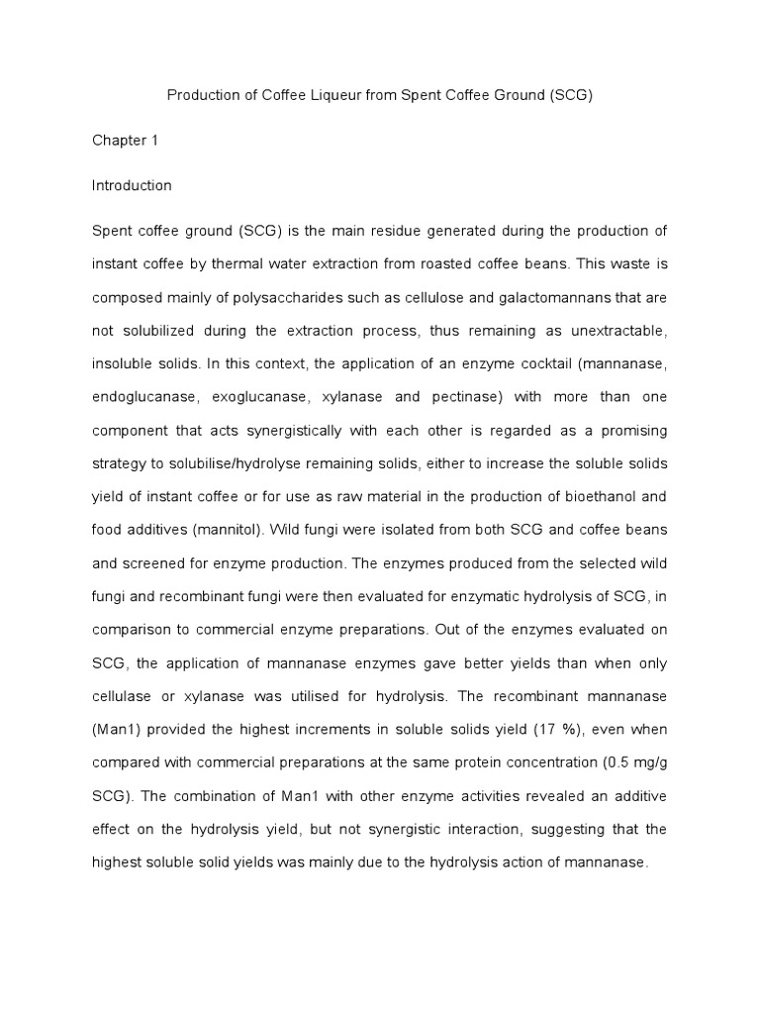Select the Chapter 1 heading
point(125,141)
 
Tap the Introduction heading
point(132,185)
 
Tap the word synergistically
point(289,432)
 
